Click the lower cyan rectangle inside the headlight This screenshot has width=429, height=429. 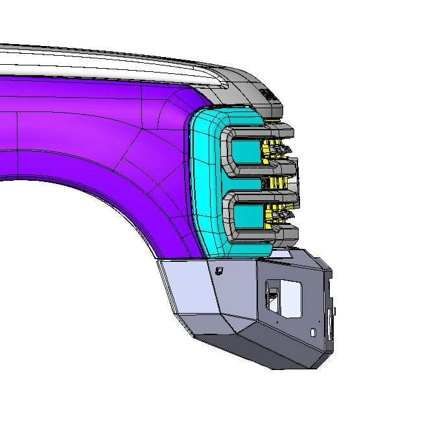[x=244, y=215]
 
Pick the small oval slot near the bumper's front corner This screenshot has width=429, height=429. [x=314, y=332]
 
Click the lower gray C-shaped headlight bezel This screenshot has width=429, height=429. [x=228, y=214]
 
